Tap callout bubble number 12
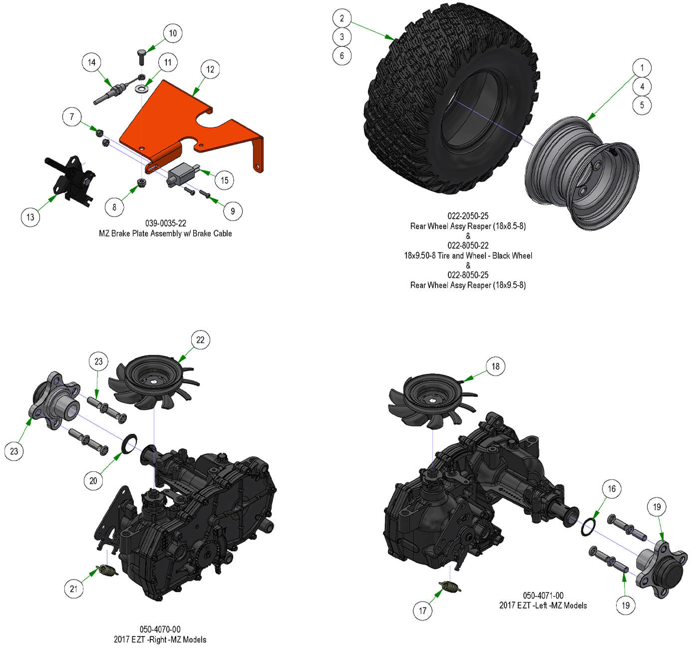tap(210, 69)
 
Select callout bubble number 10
tap(172, 33)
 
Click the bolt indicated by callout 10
tap(141, 57)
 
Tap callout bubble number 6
tap(342, 55)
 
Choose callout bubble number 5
tap(642, 105)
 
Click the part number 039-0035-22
tap(165, 223)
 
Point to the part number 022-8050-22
tap(468, 245)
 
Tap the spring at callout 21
tap(107, 570)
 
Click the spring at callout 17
tap(450, 587)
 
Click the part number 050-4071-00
tap(543, 596)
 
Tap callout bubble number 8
tap(114, 207)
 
